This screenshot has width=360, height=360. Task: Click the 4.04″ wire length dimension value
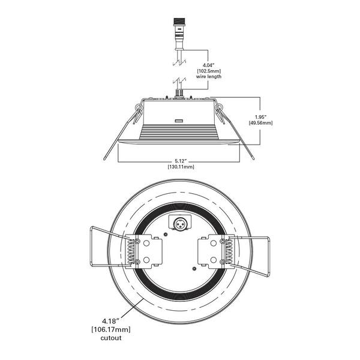pyautogui.click(x=208, y=65)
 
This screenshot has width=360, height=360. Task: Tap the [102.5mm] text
pyautogui.click(x=209, y=71)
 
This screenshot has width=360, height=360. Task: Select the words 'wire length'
pyautogui.click(x=209, y=76)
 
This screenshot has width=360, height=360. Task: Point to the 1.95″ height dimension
pyautogui.click(x=261, y=117)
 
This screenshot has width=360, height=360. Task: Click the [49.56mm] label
pyautogui.click(x=261, y=123)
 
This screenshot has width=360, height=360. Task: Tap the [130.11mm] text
pyautogui.click(x=181, y=167)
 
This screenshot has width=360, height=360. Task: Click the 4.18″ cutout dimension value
pyautogui.click(x=111, y=320)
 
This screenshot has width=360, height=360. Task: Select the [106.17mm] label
pyautogui.click(x=111, y=329)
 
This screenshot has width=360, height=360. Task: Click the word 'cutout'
pyautogui.click(x=111, y=338)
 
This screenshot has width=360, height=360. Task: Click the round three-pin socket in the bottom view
pyautogui.click(x=180, y=224)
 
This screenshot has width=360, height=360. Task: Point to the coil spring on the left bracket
pyautogui.click(x=131, y=251)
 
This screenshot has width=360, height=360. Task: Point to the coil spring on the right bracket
pyautogui.click(x=229, y=251)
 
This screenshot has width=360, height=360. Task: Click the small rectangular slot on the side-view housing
pyautogui.click(x=179, y=121)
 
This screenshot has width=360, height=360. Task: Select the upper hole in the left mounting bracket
pyautogui.click(x=146, y=243)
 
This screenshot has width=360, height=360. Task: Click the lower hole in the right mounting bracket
pyautogui.click(x=214, y=260)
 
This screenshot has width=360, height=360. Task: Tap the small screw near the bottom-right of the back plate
pyautogui.click(x=194, y=269)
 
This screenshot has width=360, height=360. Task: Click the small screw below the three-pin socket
pyautogui.click(x=166, y=234)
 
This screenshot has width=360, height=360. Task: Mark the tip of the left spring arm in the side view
pyautogui.click(x=104, y=158)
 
